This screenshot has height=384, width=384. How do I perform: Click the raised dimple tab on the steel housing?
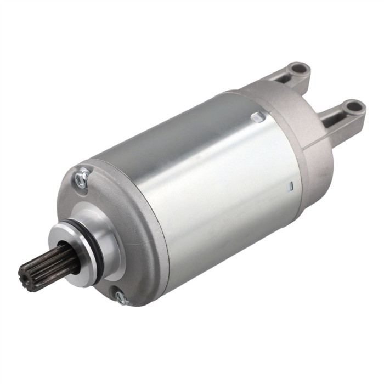(257, 117)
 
